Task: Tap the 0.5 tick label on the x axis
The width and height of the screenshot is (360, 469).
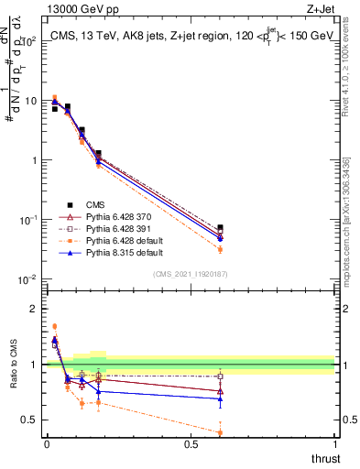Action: point(191,443)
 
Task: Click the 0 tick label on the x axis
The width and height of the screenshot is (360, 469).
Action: point(47,443)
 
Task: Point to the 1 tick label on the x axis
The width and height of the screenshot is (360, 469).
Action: point(335,443)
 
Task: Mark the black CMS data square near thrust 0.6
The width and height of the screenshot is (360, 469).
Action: point(220,227)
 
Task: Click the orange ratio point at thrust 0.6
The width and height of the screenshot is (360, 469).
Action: point(220,432)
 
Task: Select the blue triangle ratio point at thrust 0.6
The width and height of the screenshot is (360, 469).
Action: point(220,399)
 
